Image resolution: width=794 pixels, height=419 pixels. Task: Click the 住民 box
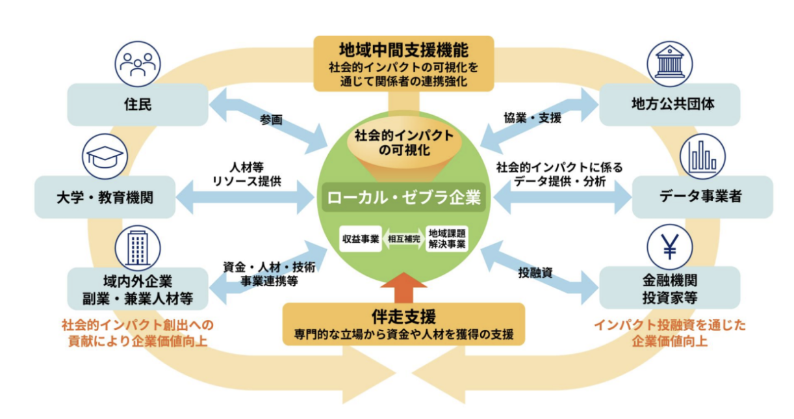click(x=138, y=105)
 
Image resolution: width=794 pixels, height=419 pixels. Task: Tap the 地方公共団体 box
click(x=669, y=105)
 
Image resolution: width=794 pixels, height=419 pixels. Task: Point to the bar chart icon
click(x=702, y=157)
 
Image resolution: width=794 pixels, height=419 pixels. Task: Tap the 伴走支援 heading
click(x=403, y=317)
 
